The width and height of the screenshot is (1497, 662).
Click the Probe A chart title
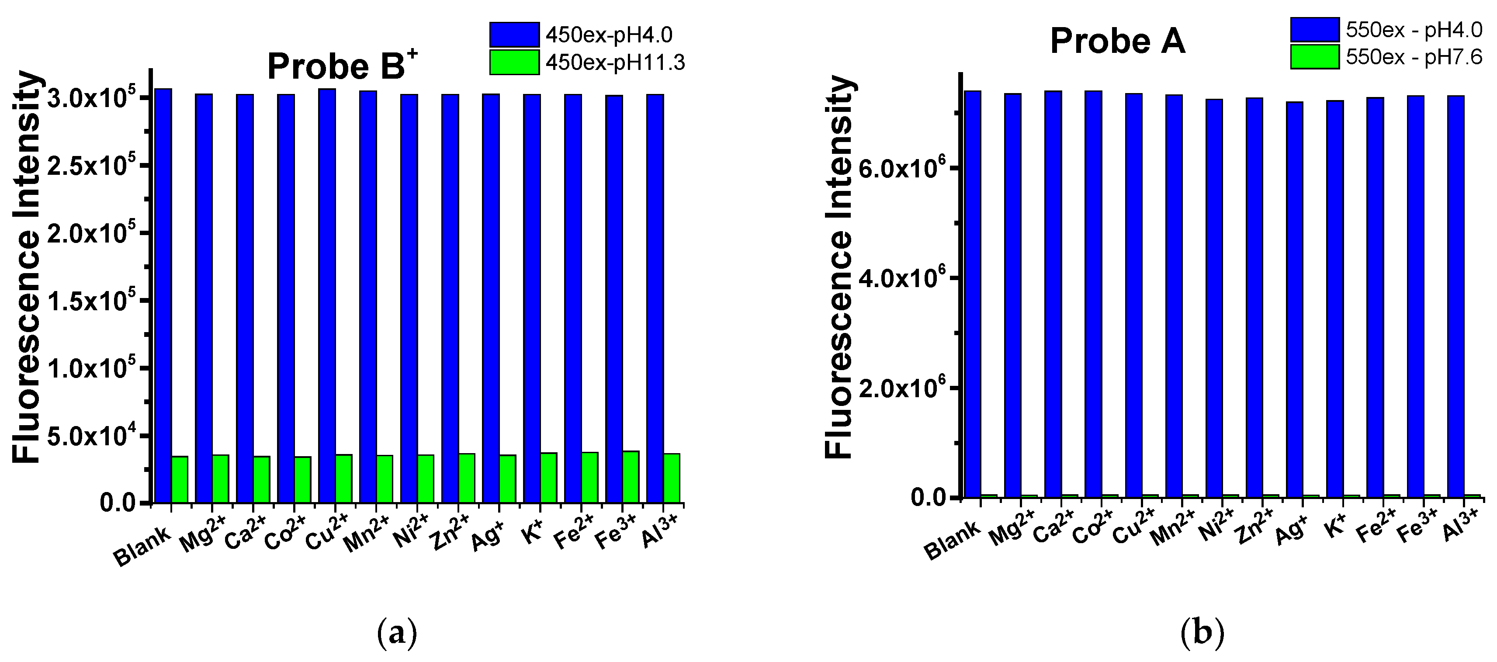point(1117,42)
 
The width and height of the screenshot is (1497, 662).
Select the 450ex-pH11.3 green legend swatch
point(514,62)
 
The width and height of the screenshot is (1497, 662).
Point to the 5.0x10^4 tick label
point(93,437)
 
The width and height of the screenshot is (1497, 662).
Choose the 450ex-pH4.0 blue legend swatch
point(514,35)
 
